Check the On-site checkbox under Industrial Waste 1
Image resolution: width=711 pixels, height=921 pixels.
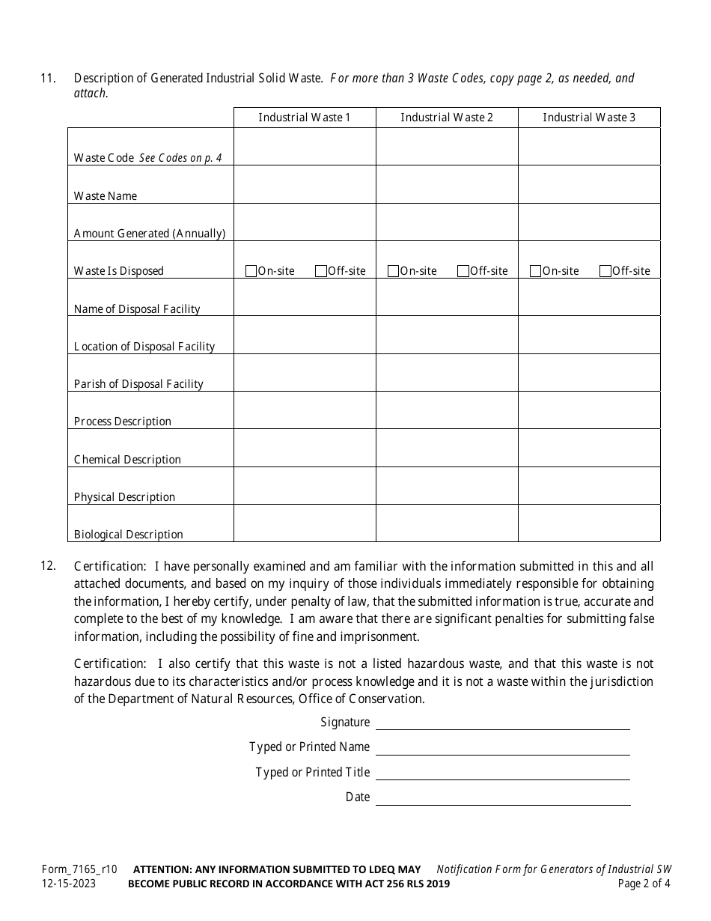(x=251, y=271)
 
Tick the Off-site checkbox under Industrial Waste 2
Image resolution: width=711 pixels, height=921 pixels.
(x=463, y=271)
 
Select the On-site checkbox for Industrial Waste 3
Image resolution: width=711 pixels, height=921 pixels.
(x=535, y=271)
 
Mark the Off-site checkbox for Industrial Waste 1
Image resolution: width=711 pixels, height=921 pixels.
(x=321, y=271)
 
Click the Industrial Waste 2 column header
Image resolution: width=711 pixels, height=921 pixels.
(x=447, y=118)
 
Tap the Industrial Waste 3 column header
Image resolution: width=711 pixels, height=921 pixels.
(x=589, y=118)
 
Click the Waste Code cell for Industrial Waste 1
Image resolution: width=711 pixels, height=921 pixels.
(x=305, y=147)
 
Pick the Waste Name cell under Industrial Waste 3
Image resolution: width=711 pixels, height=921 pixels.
(x=589, y=184)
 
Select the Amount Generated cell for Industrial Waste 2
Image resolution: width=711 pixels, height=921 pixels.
(x=447, y=222)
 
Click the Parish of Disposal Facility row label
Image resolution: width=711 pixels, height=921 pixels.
(x=138, y=384)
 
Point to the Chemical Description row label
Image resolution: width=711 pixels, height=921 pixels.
(x=127, y=460)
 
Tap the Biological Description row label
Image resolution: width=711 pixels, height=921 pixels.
(x=128, y=535)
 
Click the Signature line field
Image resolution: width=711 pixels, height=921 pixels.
(x=502, y=723)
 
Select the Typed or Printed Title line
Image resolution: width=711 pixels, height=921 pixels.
(x=502, y=773)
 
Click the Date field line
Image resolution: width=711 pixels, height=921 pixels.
(x=502, y=797)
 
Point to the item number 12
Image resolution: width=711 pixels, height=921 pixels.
(x=48, y=566)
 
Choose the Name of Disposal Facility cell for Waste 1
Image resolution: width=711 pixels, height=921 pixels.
(x=305, y=297)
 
